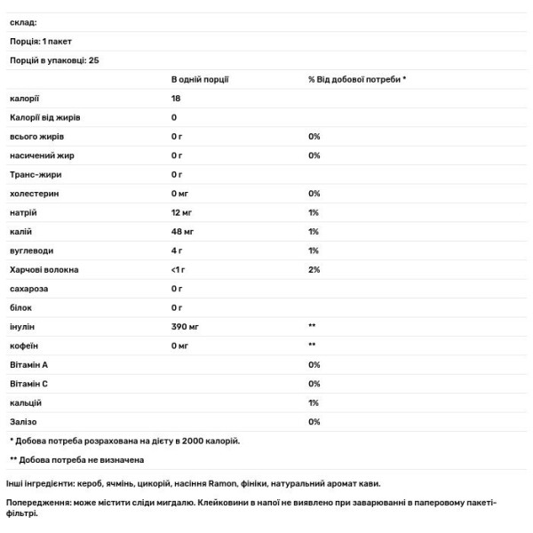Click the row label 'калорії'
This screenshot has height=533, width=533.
point(25,99)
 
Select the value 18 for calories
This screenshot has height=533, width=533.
point(176,99)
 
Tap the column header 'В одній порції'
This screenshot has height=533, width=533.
point(200,79)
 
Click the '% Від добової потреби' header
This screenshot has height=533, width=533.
point(357,79)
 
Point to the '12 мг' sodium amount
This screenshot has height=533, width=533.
point(182,212)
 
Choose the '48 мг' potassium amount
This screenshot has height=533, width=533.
point(182,231)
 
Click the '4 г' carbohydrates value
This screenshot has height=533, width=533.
point(177,251)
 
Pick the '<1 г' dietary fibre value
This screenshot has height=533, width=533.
point(179,269)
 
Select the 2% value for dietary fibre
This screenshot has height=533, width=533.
point(314,269)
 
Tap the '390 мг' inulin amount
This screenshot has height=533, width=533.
point(185,326)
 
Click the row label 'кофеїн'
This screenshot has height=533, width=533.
point(24,345)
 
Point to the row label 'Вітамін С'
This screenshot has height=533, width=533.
point(29,383)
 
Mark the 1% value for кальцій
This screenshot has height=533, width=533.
point(314,402)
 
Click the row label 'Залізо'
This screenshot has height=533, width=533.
point(24,421)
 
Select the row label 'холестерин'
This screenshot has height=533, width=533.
point(33,193)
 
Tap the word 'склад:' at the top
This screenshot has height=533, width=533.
point(22,22)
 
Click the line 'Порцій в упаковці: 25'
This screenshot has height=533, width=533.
point(53,60)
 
